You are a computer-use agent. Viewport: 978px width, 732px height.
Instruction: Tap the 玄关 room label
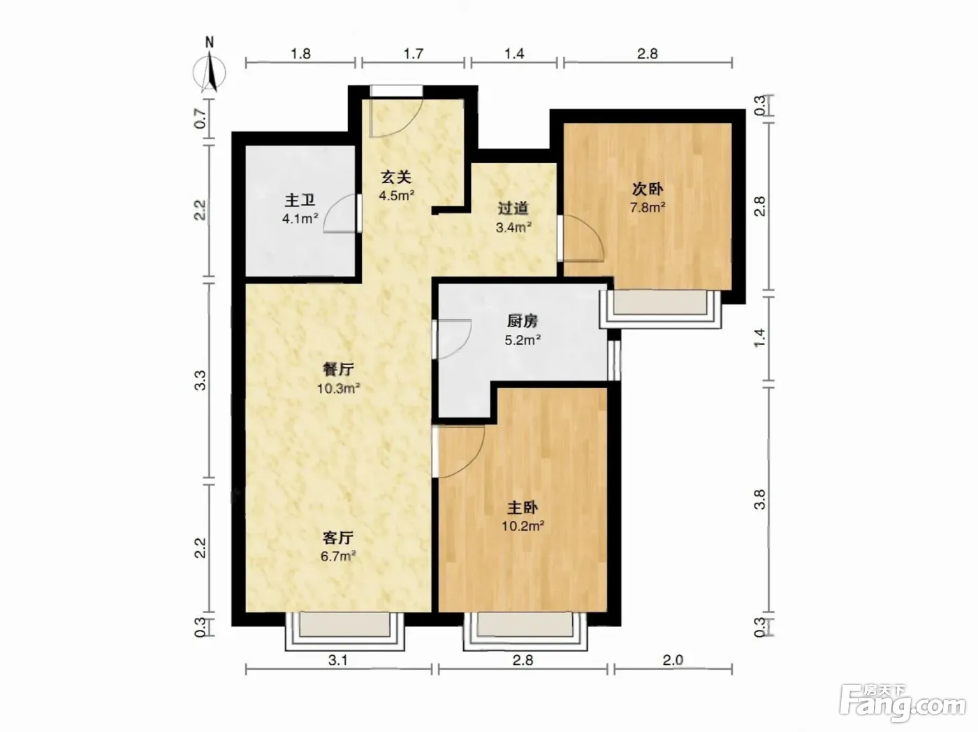point(395,178)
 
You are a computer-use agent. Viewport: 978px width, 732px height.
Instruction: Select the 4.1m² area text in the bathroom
point(300,218)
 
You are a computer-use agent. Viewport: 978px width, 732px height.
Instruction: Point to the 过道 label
point(513,208)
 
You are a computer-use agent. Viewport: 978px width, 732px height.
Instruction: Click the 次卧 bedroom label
point(648,189)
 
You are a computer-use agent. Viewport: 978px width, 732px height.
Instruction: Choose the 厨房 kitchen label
point(523,321)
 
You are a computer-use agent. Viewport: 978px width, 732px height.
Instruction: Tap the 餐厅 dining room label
point(338,369)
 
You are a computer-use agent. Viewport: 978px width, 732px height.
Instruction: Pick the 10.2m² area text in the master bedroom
point(523,526)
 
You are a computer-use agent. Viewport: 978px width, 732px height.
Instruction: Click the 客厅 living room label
point(338,538)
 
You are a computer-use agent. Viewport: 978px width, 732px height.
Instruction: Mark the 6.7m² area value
point(338,556)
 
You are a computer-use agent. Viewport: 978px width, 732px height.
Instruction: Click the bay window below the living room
point(345,631)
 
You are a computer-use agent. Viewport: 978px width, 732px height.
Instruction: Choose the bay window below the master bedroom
point(525,631)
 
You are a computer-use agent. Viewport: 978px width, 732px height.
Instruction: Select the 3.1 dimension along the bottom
point(337,660)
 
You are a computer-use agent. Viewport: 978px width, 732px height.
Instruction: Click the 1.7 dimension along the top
point(413,54)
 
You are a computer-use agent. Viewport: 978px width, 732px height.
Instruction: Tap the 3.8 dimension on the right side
point(760,499)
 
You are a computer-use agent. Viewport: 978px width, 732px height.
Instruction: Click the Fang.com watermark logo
point(903,705)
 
